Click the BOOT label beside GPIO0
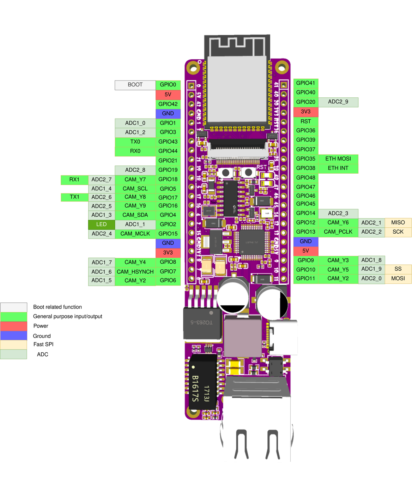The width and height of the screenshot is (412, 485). (135, 85)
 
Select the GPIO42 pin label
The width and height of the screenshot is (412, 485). (168, 104)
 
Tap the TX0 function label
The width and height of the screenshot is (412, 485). (135, 142)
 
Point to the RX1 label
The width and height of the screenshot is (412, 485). (74, 180)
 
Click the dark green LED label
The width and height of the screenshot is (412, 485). (102, 224)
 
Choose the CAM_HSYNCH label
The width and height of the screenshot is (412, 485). (135, 272)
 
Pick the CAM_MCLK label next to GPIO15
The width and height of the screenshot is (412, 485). (135, 234)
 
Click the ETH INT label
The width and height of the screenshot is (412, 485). (338, 168)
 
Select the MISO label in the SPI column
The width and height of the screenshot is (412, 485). (398, 222)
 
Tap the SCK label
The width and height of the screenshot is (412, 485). (398, 232)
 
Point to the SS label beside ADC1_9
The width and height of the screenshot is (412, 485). (398, 269)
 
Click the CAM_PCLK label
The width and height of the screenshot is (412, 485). (338, 232)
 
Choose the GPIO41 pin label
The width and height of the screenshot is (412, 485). (305, 83)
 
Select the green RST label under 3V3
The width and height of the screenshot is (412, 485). (305, 121)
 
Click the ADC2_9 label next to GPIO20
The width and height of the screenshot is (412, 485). (338, 102)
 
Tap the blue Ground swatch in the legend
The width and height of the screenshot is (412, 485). (14, 336)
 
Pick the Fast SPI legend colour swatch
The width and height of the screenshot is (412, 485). (14, 345)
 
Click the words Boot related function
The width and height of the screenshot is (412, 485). (57, 307)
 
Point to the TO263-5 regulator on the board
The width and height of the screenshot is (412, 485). (202, 323)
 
